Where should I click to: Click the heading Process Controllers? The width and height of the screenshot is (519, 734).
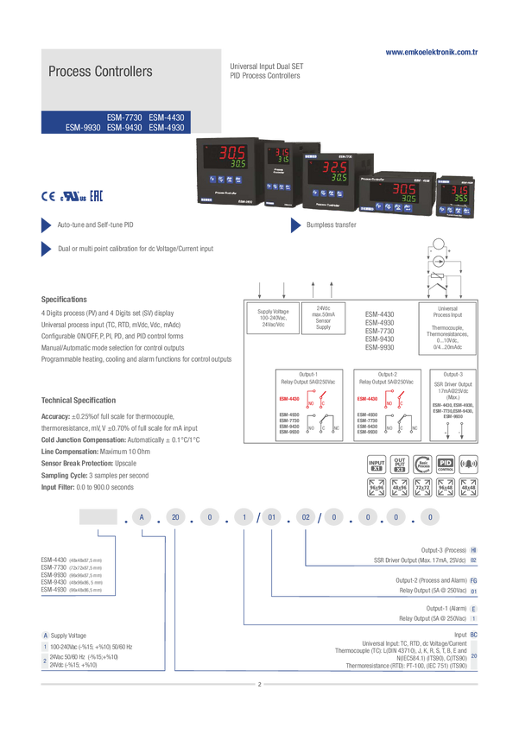[100, 72]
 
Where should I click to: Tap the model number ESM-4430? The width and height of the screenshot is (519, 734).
[167, 117]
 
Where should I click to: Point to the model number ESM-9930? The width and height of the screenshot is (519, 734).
[83, 127]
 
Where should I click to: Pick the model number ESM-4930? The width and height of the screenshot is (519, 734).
[167, 127]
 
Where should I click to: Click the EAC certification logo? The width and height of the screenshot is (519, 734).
[96, 195]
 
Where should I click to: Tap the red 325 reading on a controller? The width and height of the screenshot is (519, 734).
[334, 167]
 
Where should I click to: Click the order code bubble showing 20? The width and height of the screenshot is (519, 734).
[174, 518]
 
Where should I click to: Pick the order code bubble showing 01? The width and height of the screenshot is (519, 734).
[271, 518]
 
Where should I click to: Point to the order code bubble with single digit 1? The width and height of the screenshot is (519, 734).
[245, 518]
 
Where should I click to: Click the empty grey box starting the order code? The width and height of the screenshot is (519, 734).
[98, 516]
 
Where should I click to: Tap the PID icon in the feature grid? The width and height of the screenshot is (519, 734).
[446, 463]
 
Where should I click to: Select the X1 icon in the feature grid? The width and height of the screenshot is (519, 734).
[377, 467]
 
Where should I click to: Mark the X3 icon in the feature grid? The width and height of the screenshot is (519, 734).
[400, 467]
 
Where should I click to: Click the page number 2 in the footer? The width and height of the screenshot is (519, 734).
[258, 685]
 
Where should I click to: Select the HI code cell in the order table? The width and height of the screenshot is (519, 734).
[473, 549]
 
